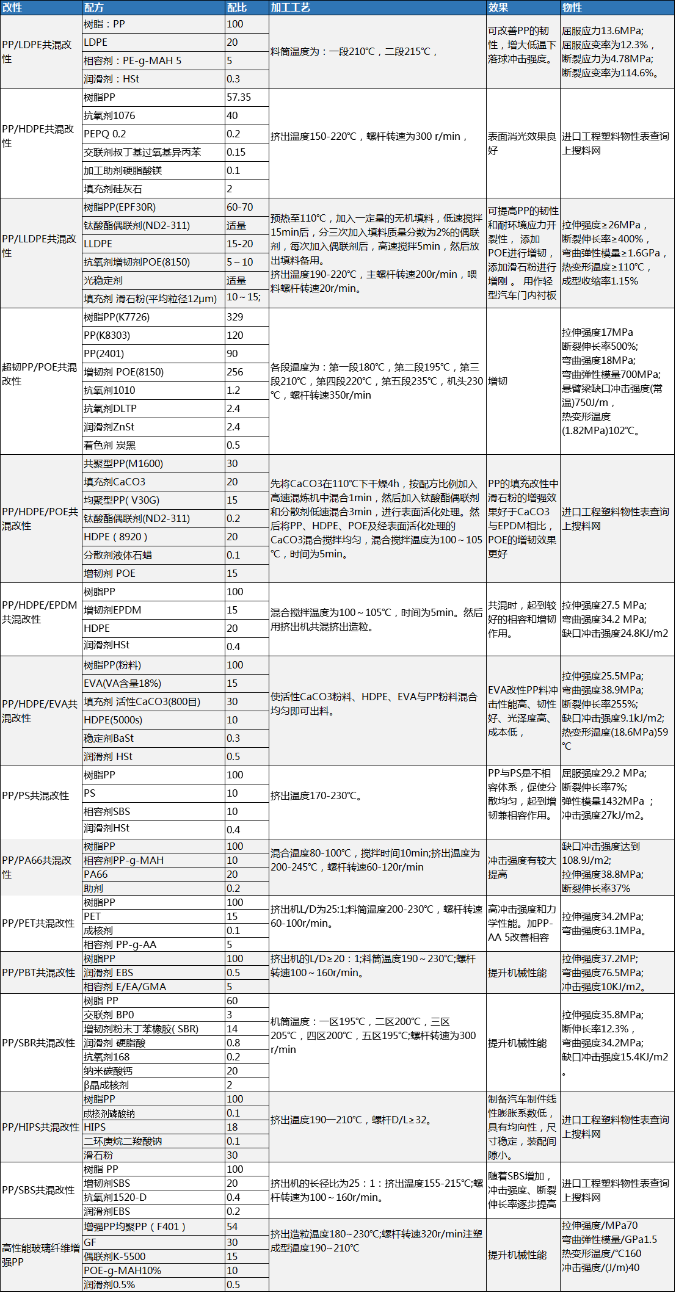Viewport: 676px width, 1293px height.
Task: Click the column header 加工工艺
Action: tap(291, 7)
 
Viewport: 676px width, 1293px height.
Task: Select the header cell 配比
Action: tap(237, 7)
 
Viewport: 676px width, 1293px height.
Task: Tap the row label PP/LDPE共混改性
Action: tap(37, 52)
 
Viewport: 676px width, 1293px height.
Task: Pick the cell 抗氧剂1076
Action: tap(110, 115)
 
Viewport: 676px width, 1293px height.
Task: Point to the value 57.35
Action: tap(239, 97)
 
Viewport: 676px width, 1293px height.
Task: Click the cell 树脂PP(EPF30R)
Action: tap(120, 207)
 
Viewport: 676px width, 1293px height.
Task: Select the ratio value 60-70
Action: tap(239, 207)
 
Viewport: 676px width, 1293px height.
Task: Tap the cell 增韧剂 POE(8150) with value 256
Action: tap(124, 372)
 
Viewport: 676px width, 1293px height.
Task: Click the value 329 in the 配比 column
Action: tap(235, 317)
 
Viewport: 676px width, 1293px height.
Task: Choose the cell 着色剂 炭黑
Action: tap(110, 445)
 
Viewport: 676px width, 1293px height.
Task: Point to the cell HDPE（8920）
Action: tap(115, 537)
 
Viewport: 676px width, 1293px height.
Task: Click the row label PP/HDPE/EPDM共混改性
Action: tap(40, 612)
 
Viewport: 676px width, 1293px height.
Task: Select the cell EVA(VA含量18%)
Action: tap(123, 683)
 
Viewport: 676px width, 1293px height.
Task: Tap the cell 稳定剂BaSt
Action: tap(109, 738)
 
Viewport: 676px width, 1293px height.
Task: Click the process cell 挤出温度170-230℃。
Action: tap(317, 795)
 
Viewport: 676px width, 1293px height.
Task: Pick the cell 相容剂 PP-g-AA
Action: tap(120, 944)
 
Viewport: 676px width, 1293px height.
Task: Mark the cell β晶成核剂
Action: tap(106, 1085)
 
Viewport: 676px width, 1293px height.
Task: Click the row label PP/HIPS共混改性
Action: tap(41, 1127)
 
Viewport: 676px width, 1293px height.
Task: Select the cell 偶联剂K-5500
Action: tap(115, 1256)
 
